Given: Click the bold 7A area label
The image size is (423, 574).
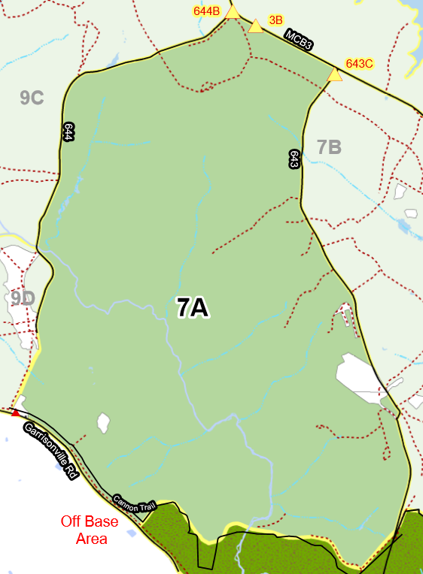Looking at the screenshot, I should (x=193, y=307).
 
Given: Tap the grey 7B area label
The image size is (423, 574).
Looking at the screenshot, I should (x=329, y=147).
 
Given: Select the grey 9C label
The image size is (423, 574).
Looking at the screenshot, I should (x=32, y=98).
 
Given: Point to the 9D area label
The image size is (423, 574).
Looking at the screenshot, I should (x=23, y=298).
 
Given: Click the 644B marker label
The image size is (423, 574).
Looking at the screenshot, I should (x=206, y=11).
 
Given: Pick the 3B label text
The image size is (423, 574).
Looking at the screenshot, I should (x=275, y=20).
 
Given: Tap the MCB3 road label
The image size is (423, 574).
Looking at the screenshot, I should (x=298, y=40).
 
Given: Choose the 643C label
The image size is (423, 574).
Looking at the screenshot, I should (x=359, y=64).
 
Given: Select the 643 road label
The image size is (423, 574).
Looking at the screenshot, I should (x=294, y=159).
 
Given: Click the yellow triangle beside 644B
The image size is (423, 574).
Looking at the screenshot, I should (x=233, y=12).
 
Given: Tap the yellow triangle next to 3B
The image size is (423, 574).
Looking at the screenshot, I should (x=256, y=26).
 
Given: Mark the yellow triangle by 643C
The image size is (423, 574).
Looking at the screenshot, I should (x=335, y=74).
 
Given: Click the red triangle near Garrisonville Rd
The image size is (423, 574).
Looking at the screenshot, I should (x=15, y=412).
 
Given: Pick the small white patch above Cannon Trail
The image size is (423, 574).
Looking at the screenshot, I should (x=103, y=422).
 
